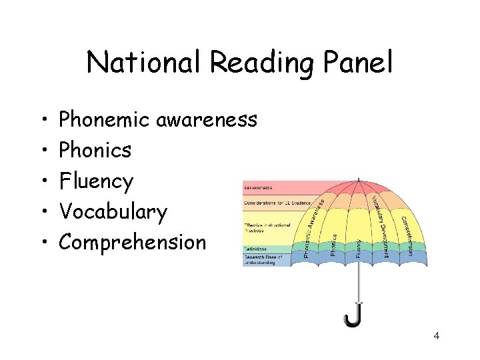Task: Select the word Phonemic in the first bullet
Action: click(x=105, y=120)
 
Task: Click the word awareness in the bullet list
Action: click(x=207, y=120)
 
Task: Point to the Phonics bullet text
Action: click(x=95, y=151)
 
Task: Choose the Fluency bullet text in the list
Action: click(x=97, y=182)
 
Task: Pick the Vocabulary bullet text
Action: click(x=113, y=212)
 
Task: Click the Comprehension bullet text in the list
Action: click(x=133, y=243)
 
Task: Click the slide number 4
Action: click(x=436, y=335)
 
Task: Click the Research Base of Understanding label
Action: click(x=263, y=260)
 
